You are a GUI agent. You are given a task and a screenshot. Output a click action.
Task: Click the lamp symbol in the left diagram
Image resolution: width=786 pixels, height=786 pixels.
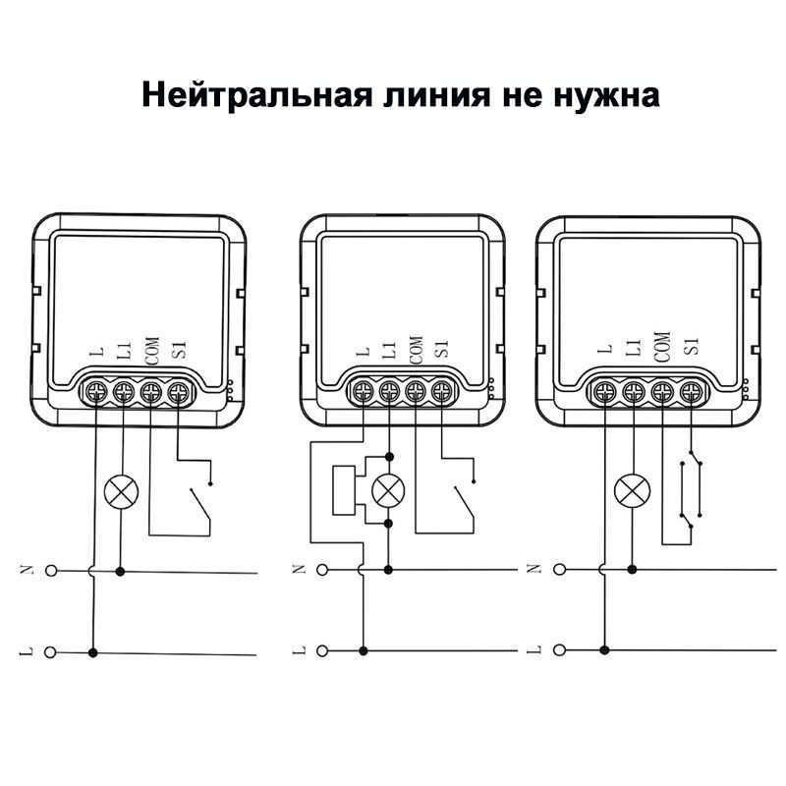pos(122,488)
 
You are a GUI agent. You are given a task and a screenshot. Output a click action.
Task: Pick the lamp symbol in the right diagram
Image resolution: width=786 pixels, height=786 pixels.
pos(631,488)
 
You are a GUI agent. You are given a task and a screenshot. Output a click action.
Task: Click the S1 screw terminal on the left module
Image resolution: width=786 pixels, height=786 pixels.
pos(178,394)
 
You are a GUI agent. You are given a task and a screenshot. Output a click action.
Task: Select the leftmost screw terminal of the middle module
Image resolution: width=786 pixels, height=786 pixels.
pos(365,393)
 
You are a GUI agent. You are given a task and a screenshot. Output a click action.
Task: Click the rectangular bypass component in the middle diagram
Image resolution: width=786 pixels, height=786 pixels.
pos(344,488)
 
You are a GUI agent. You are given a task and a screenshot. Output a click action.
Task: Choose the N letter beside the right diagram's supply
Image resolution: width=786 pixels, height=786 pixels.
pos(533,569)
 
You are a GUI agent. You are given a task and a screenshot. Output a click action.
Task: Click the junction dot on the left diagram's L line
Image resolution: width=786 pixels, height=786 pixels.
pos(93,650)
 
